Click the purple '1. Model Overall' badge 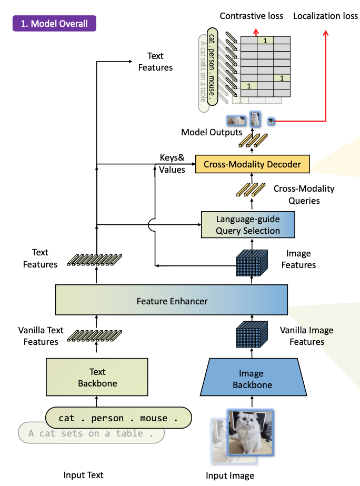tap(55, 24)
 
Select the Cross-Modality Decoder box tap(252, 165)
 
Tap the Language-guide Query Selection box tap(248, 225)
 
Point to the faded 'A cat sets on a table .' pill tap(91, 433)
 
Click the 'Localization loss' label tap(325, 16)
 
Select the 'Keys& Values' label tap(172, 164)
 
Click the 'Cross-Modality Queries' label tap(304, 194)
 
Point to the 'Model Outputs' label tap(212, 132)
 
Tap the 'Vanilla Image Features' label tap(307, 336)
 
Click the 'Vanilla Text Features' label tap(41, 336)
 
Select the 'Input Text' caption tap(83, 475)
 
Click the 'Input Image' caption tap(230, 475)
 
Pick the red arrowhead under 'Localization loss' tap(325, 33)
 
